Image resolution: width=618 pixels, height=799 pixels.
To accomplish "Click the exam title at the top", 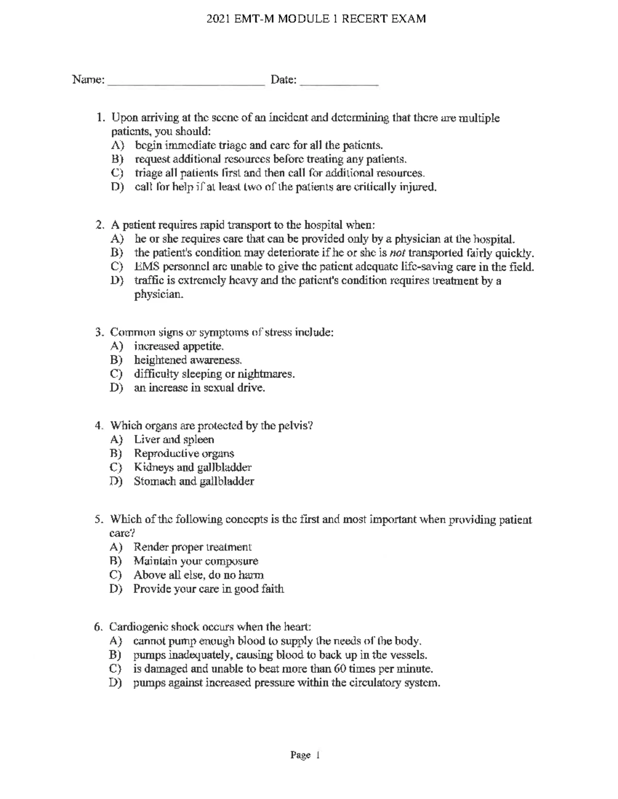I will click(x=316, y=20).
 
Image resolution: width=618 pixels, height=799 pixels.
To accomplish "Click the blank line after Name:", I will click(x=186, y=82).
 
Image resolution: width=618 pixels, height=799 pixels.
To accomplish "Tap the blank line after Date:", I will click(x=339, y=82).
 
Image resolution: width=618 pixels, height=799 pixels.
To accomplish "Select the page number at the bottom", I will click(x=305, y=755).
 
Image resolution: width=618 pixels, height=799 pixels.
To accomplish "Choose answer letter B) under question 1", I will click(x=117, y=159).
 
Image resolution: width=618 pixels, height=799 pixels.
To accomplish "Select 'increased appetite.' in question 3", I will click(x=179, y=346).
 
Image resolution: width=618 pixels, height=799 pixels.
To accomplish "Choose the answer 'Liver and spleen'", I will click(x=174, y=440).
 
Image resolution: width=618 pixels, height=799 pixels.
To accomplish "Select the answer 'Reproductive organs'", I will click(x=184, y=454).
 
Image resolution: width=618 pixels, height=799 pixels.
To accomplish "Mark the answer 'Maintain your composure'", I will click(x=196, y=561).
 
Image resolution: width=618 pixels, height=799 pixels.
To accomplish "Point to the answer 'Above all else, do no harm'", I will click(x=199, y=575).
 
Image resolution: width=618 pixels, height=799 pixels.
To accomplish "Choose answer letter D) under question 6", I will click(x=116, y=683).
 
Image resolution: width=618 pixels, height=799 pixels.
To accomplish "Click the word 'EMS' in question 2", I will click(x=145, y=267).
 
